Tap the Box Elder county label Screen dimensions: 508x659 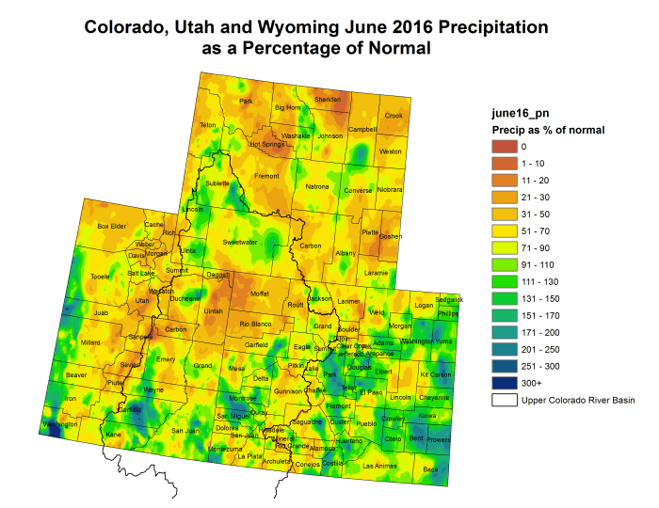(x=112, y=226)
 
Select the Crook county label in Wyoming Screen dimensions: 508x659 (x=394, y=116)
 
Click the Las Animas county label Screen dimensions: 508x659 (x=379, y=466)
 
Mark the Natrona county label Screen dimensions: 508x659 (x=317, y=186)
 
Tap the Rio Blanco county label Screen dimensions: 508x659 (x=255, y=324)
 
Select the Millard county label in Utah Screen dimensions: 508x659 (x=90, y=342)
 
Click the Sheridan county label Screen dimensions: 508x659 (x=327, y=100)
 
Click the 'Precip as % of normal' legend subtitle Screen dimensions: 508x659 (x=548, y=129)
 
